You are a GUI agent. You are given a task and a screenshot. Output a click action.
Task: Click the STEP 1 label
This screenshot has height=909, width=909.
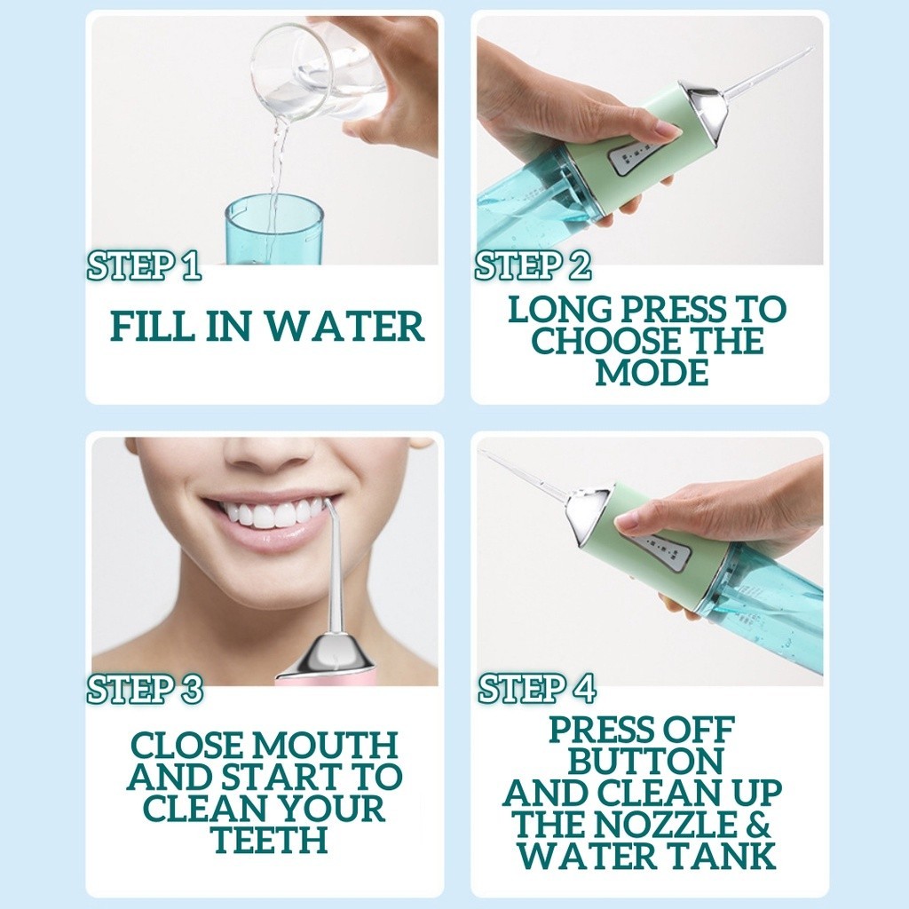[x=144, y=265]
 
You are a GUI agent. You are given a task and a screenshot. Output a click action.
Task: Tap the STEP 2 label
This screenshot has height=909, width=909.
[x=533, y=265]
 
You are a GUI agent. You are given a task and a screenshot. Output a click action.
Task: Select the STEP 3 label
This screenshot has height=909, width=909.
[x=145, y=689]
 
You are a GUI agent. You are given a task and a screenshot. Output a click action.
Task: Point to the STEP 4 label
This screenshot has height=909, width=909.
[x=537, y=689]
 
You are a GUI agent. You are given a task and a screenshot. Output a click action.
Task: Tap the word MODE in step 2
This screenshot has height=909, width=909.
[x=652, y=372]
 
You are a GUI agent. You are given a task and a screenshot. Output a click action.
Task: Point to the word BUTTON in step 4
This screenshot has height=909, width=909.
[x=645, y=761]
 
